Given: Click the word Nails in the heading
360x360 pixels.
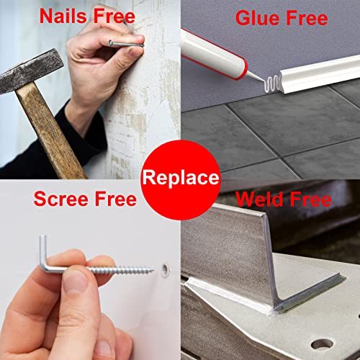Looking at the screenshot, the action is (63, 16).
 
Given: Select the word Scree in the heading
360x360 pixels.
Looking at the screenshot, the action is (61, 199).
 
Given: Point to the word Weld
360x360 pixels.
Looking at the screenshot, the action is (259, 199).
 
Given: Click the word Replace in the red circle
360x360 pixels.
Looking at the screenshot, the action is (181, 178).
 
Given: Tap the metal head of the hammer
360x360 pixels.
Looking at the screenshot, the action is (31, 71).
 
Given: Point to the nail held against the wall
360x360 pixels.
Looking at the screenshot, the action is (126, 44).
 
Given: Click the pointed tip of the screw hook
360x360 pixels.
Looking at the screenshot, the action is (153, 271).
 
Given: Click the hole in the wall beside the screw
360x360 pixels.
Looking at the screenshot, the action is (165, 270).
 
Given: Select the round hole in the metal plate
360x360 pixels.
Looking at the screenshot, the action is (323, 345).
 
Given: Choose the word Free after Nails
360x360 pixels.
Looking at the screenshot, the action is (114, 16).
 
